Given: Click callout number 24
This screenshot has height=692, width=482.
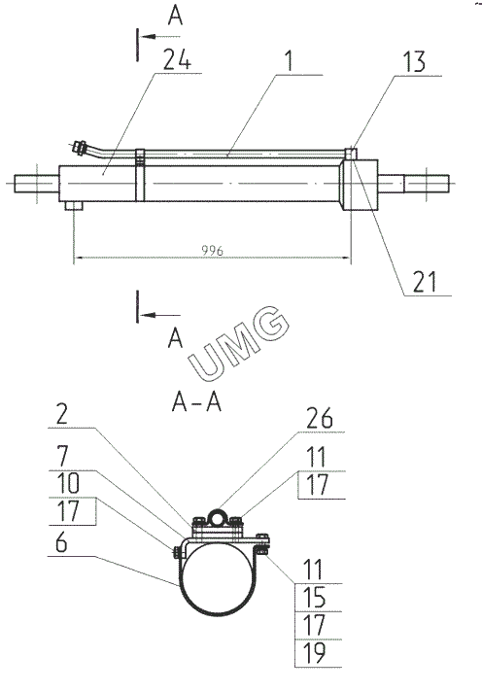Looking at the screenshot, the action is point(178,59).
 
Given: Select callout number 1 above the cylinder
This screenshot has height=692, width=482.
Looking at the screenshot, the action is point(289,60).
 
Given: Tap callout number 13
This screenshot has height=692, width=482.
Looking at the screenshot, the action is point(414,61).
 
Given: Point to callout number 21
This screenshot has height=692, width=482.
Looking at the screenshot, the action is point(425,282).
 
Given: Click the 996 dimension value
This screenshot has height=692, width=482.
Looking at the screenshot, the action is point(212,251).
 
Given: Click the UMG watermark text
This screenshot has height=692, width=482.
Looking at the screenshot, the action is point(239,343).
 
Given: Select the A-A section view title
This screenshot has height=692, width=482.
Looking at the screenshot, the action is point(196,402).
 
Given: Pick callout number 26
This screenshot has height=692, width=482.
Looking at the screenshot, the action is point(320,418).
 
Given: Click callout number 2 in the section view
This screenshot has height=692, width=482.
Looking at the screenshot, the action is point(62,413).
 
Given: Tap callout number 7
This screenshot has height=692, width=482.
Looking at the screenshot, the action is point(62,456).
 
